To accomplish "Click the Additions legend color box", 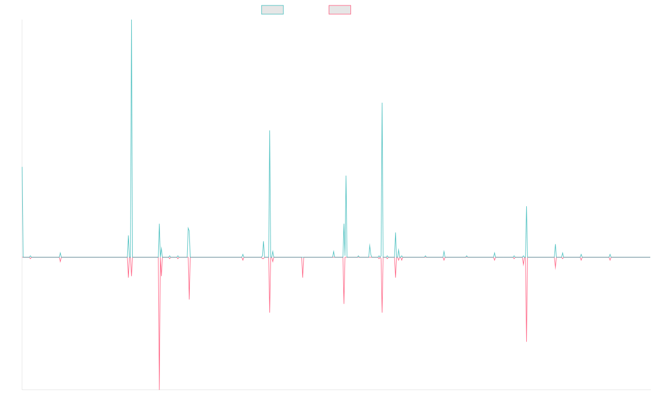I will [273, 10].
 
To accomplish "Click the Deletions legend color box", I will [340, 10].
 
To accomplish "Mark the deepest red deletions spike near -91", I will [159, 388].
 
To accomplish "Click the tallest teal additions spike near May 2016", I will [132, 21].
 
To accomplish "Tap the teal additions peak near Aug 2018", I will [270, 131].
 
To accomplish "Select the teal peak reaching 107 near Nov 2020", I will [382, 102].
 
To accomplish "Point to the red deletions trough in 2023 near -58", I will [527, 342].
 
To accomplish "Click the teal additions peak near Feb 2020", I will [346, 176].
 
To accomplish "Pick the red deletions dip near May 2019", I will [303, 277].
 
